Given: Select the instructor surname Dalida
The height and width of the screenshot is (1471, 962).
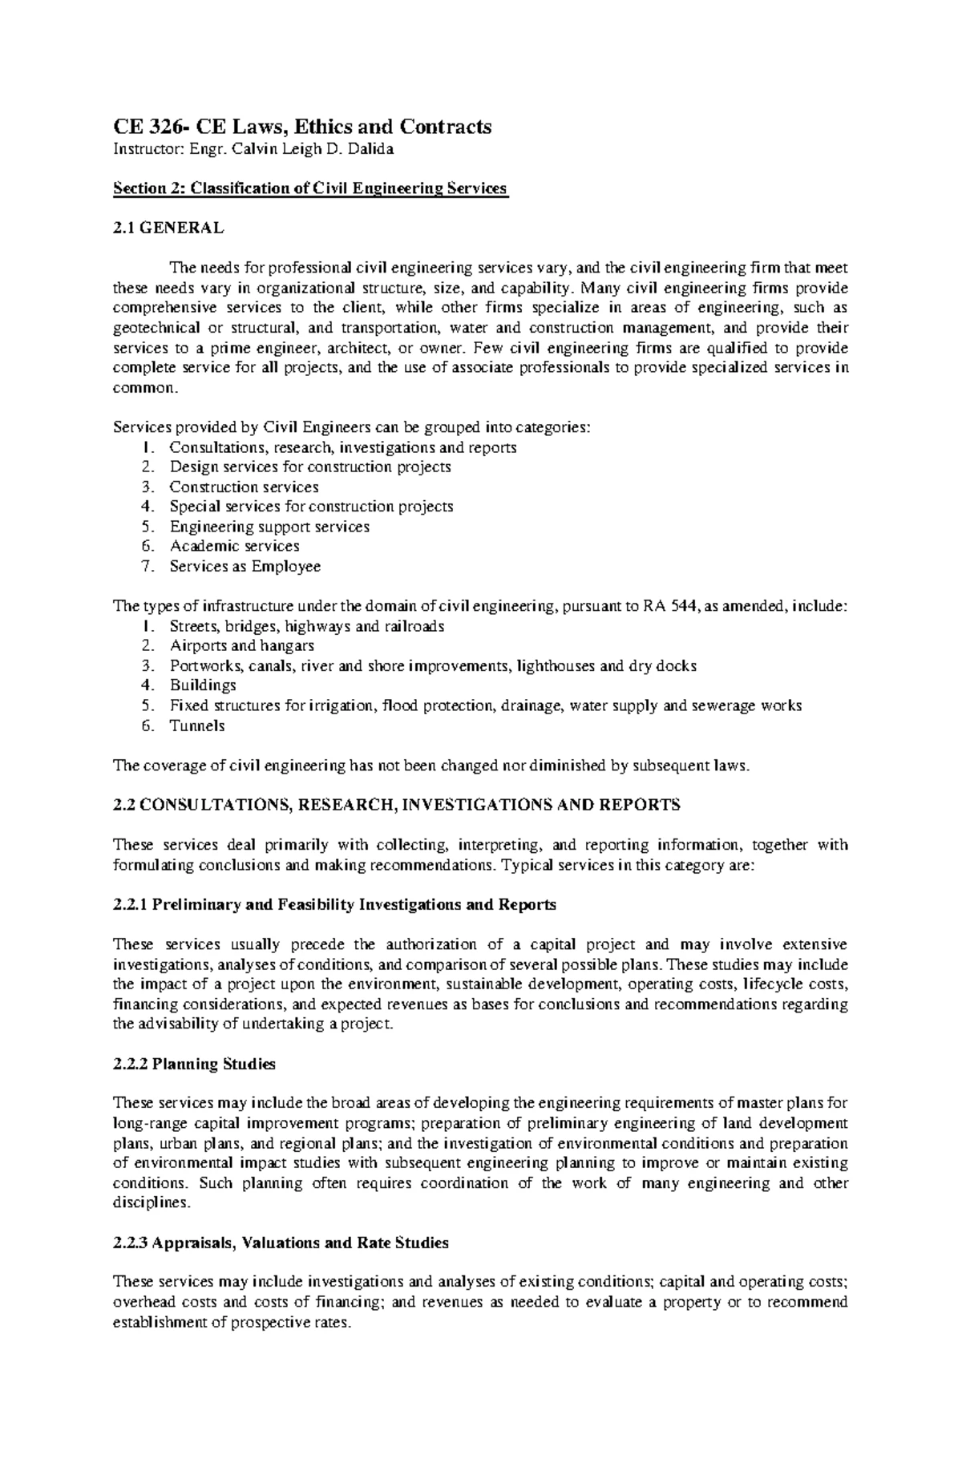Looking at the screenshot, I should coord(370,149).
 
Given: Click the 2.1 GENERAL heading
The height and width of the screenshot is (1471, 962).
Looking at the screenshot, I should coord(168,228).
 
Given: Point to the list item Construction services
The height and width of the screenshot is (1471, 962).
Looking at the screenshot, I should coord(244,487).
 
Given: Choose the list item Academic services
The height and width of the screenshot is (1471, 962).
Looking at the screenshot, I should coord(234,547).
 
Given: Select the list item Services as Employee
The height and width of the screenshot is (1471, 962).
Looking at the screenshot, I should coord(245,567).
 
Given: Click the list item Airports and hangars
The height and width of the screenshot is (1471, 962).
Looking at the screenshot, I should coord(241,646).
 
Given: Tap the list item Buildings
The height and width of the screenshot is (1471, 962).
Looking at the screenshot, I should coord(203,686).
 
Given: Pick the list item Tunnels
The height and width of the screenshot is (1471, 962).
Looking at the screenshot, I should coord(197,726).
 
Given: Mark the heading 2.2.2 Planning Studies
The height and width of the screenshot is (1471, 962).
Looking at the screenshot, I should coord(195,1065).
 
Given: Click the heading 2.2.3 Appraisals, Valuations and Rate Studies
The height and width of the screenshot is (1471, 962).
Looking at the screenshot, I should coord(281,1243).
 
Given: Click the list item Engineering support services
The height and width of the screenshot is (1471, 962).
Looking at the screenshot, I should coord(269,527).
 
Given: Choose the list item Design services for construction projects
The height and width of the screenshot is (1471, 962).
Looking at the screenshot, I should coord(310,467).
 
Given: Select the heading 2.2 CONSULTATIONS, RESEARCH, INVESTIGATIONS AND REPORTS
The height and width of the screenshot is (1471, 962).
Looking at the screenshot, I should coord(398,806).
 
